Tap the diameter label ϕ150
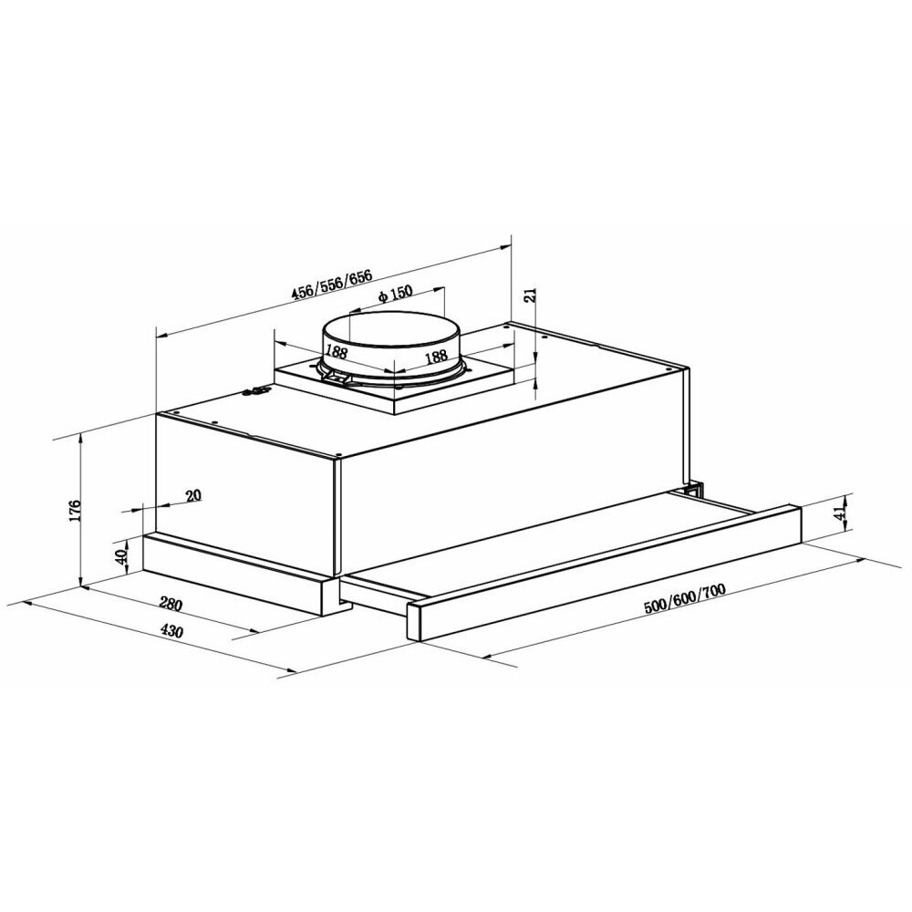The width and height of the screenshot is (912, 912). point(395,295)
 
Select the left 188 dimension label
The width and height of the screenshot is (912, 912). point(337,351)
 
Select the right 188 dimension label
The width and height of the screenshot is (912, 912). point(436,356)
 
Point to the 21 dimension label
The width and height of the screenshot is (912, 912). point(530,295)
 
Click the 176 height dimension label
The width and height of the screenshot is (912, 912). point(75,511)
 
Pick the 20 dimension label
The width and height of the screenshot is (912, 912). point(193,495)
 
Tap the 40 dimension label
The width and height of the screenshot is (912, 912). point(121,557)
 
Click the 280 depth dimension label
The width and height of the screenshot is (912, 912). point(171,605)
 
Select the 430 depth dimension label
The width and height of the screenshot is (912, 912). point(171,630)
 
